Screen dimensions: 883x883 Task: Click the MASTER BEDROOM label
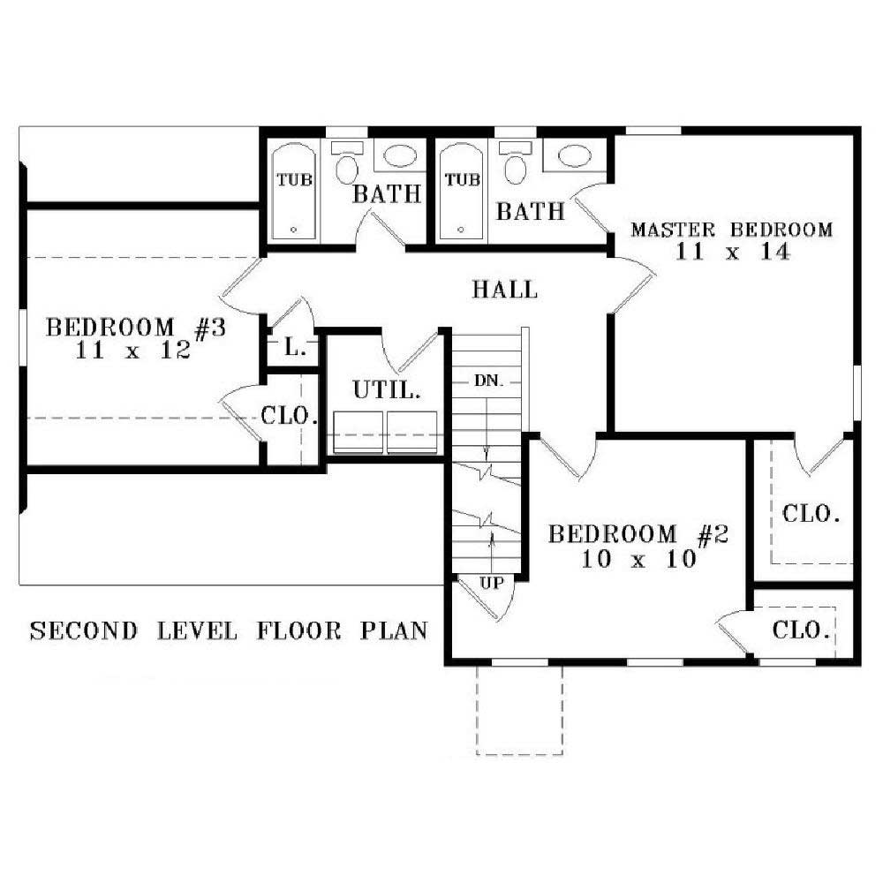(731, 230)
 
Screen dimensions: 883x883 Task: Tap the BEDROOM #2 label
(637, 535)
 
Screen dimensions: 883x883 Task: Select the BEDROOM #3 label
(136, 328)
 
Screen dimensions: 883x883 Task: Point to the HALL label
(504, 289)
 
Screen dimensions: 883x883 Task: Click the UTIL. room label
(385, 389)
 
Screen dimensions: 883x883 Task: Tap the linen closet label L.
(295, 348)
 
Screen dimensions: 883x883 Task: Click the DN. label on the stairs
(488, 381)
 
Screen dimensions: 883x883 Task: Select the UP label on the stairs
(492, 584)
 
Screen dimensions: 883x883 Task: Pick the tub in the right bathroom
(462, 191)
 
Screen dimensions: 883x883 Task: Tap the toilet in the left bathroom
(347, 166)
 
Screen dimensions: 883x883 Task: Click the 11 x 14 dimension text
(732, 251)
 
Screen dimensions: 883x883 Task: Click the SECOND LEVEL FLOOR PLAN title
(229, 630)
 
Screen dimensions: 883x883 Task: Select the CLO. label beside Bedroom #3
(290, 414)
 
